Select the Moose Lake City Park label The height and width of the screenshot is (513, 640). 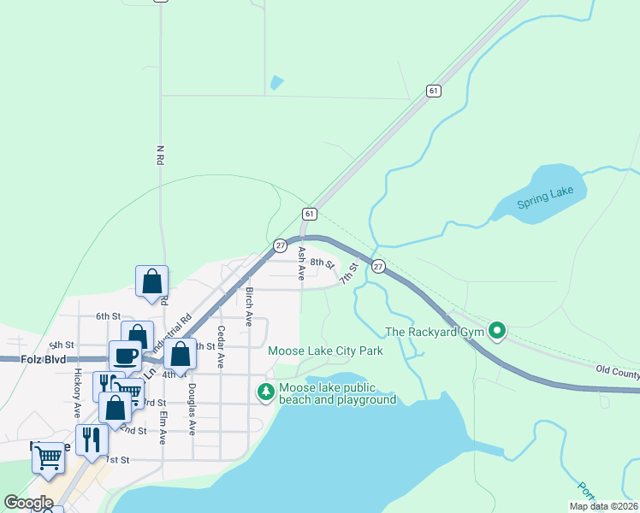pos(324,351)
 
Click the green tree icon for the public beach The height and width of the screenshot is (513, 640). pos(266,392)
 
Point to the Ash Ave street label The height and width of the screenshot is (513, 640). pos(301,263)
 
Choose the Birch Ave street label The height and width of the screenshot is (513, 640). pos(249,306)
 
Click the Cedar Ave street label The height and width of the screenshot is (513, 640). pos(221,347)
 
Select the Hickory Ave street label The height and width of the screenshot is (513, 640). pos(77,385)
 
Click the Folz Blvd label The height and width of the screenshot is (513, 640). pos(43,361)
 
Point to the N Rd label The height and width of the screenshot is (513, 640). pos(160,156)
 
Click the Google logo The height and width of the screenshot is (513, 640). pos(29,502)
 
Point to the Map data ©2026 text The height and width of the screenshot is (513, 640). pos(603,506)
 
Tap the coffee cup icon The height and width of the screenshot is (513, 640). pos(125,354)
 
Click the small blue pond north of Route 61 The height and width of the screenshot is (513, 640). pos(276,83)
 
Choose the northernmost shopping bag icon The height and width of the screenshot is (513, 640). pos(151,280)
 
